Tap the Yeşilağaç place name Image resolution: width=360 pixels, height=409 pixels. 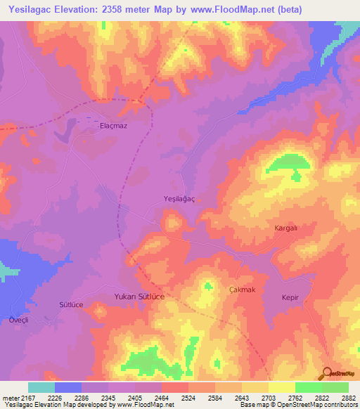[x=179, y=200]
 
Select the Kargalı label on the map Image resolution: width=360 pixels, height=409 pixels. [x=286, y=229]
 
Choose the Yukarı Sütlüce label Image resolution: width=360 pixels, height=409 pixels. [x=139, y=297]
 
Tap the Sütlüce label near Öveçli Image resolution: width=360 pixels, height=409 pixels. [x=71, y=305]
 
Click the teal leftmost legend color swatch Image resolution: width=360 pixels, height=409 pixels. [x=41, y=387]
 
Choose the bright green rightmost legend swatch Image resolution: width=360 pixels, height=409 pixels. [x=335, y=387]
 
